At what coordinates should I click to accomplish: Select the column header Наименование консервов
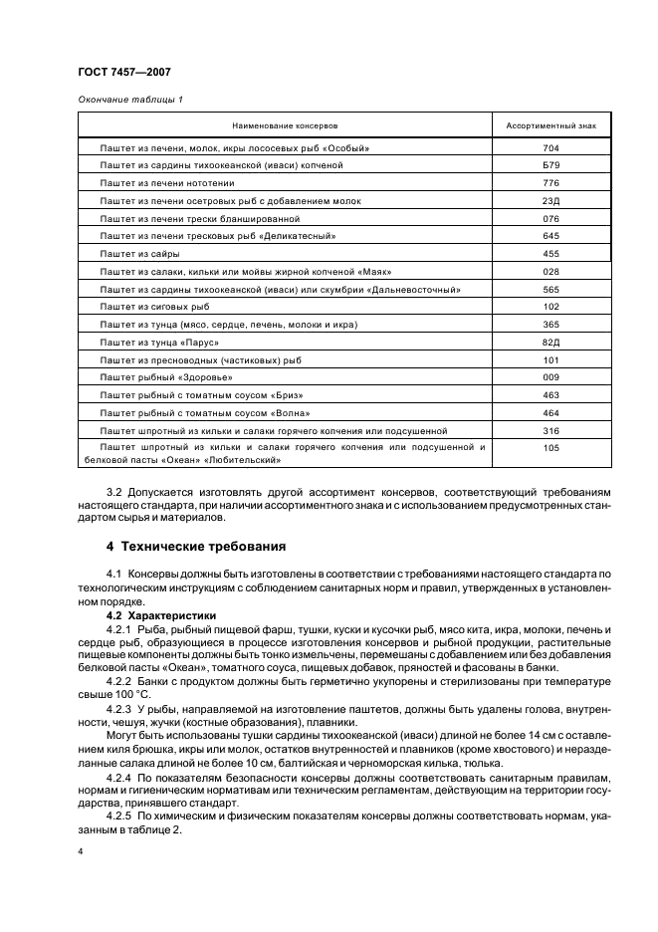pyautogui.click(x=286, y=127)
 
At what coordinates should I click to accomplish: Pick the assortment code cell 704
pyautogui.click(x=551, y=147)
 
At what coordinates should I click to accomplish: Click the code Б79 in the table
pyautogui.click(x=551, y=165)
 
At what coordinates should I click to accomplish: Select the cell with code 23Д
pyautogui.click(x=551, y=200)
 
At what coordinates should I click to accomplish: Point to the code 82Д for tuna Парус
pyautogui.click(x=551, y=343)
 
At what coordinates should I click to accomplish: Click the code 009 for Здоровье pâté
pyautogui.click(x=551, y=377)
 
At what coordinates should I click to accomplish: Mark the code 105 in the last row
pyautogui.click(x=551, y=448)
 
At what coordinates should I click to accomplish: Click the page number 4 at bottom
pyautogui.click(x=81, y=852)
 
